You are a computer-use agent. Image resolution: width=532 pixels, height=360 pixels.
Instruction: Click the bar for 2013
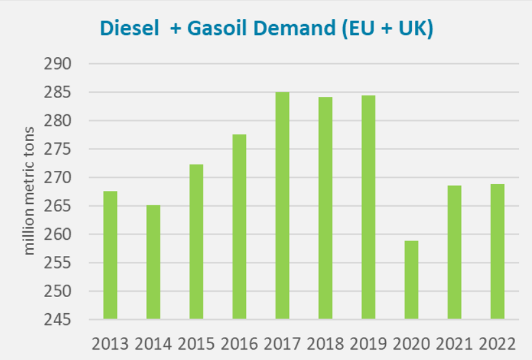point(110,255)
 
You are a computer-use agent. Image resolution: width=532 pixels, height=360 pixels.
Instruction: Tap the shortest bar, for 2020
point(411,280)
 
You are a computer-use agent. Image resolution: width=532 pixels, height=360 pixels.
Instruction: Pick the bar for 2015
point(196,242)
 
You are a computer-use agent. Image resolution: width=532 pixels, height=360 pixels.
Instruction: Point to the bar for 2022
point(497,251)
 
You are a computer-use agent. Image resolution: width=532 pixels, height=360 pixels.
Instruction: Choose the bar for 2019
point(368,207)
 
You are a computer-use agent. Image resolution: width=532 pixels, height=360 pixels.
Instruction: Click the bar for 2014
point(153,262)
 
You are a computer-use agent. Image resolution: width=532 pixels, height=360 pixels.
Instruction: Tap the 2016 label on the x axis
point(239,342)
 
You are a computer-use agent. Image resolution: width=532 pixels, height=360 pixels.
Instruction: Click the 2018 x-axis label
point(325,342)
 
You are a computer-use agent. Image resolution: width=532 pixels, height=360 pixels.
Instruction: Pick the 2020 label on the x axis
point(411,342)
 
